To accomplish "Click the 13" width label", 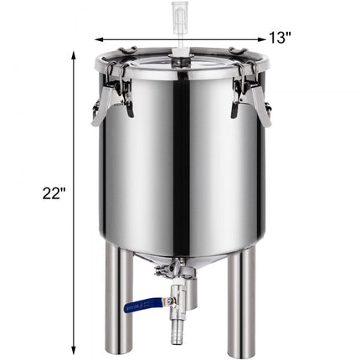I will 280,37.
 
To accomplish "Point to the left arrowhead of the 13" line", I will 99,39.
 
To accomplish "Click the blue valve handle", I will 141,306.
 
